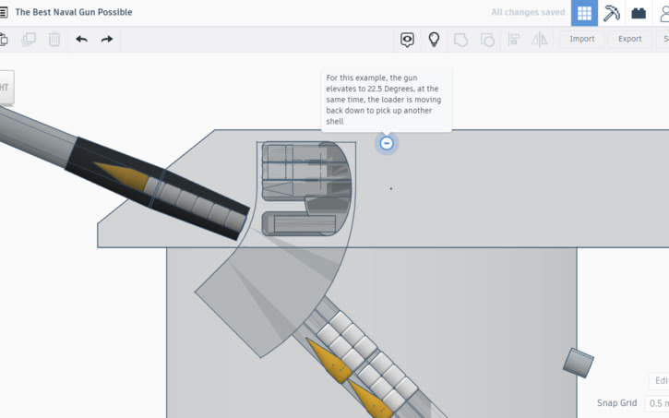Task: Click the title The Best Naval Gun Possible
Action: point(74,12)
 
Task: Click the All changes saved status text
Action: point(528,13)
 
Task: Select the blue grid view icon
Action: point(584,13)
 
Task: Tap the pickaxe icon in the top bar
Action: point(611,13)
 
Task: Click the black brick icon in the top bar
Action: point(639,13)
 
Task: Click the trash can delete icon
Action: point(54,40)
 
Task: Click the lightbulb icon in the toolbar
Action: point(434,40)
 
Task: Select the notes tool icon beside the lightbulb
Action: point(407,40)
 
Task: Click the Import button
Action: point(581,40)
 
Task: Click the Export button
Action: point(629,40)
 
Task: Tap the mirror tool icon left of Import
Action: point(540,40)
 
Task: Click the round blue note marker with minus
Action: point(387,143)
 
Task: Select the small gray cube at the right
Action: point(579,363)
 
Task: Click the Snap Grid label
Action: point(616,403)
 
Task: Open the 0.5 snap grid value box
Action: point(658,403)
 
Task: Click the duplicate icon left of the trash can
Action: point(29,40)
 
